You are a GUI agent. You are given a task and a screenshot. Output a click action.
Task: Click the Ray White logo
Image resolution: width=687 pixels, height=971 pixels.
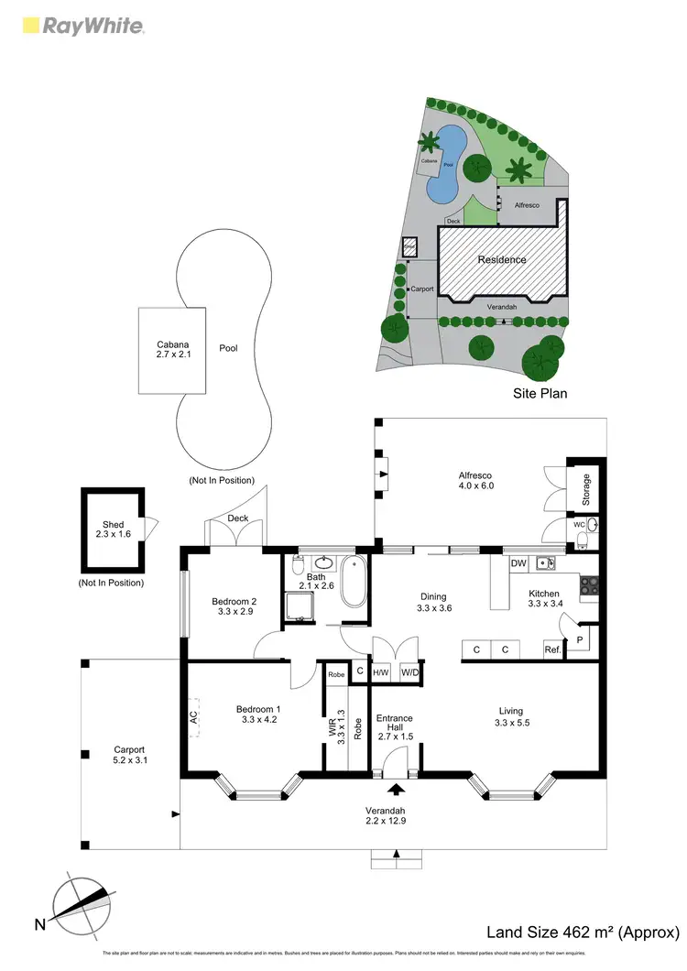tap(82, 27)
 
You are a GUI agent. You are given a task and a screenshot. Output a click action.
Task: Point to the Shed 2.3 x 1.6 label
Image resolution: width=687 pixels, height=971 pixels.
tap(113, 529)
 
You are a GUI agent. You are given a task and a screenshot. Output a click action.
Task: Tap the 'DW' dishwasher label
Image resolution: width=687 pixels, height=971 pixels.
tap(518, 562)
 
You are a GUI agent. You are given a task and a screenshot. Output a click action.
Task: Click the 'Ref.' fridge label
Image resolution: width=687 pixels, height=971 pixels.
tap(552, 649)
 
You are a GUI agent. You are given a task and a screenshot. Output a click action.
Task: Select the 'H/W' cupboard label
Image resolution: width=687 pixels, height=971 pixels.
tap(380, 671)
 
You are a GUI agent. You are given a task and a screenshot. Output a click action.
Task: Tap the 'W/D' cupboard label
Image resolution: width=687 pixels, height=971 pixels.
tap(409, 671)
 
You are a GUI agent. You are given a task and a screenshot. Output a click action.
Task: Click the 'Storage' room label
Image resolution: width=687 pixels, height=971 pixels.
tap(587, 491)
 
